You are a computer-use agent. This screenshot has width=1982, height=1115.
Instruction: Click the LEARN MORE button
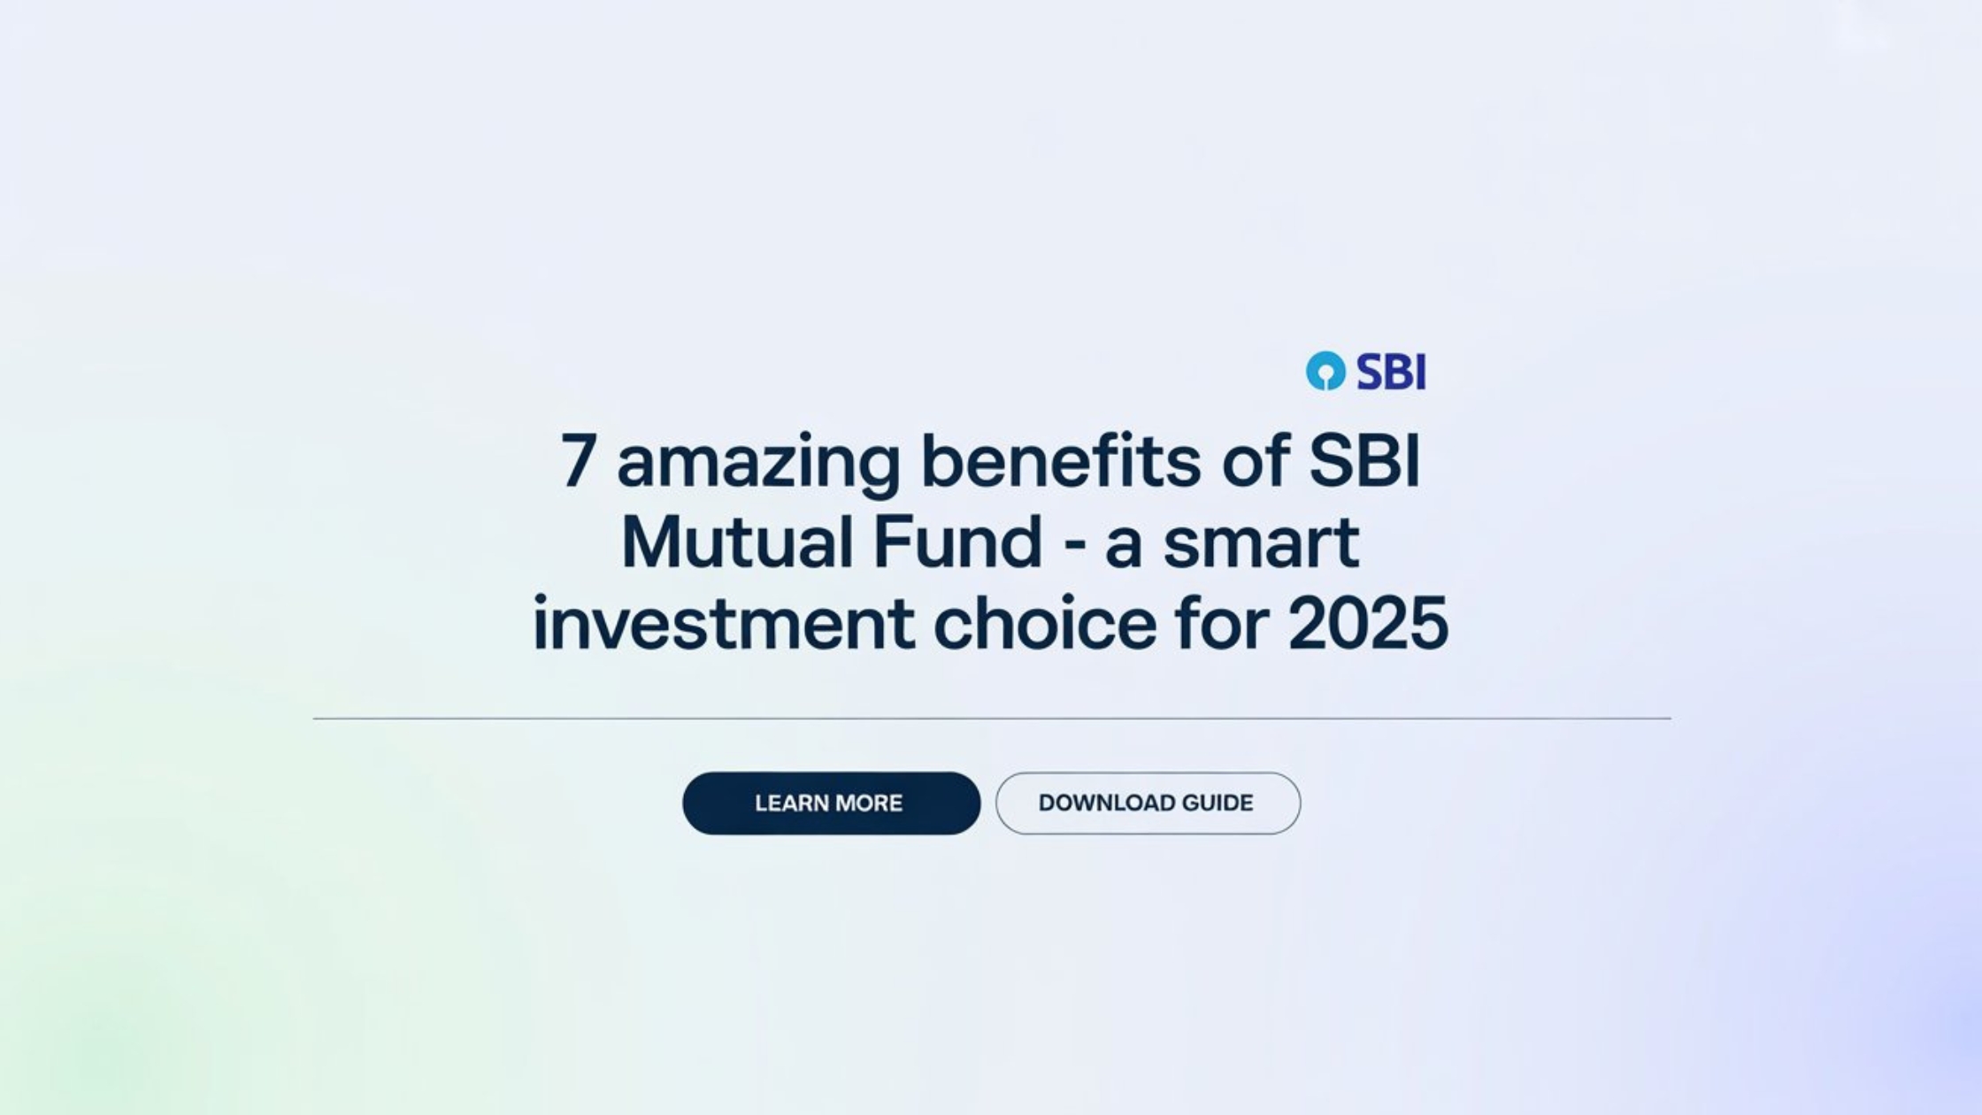pos(831,803)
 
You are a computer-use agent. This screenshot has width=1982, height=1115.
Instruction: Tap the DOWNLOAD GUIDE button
pos(1148,803)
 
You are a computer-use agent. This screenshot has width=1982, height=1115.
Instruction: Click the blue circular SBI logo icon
pos(1325,371)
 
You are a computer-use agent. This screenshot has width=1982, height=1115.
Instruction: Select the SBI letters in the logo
pos(1391,372)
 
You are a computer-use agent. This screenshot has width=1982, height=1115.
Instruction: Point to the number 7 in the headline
pos(577,460)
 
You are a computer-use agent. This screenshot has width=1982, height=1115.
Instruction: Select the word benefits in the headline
pos(1061,460)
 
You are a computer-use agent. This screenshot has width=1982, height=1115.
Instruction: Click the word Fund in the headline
pos(957,542)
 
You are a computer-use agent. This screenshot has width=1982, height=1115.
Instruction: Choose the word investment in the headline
pos(723,623)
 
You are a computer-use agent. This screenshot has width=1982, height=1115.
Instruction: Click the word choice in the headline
pos(1045,623)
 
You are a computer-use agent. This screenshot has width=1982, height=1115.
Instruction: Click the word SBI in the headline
pos(1364,460)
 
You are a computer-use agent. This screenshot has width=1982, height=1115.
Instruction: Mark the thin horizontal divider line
pos(991,719)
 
